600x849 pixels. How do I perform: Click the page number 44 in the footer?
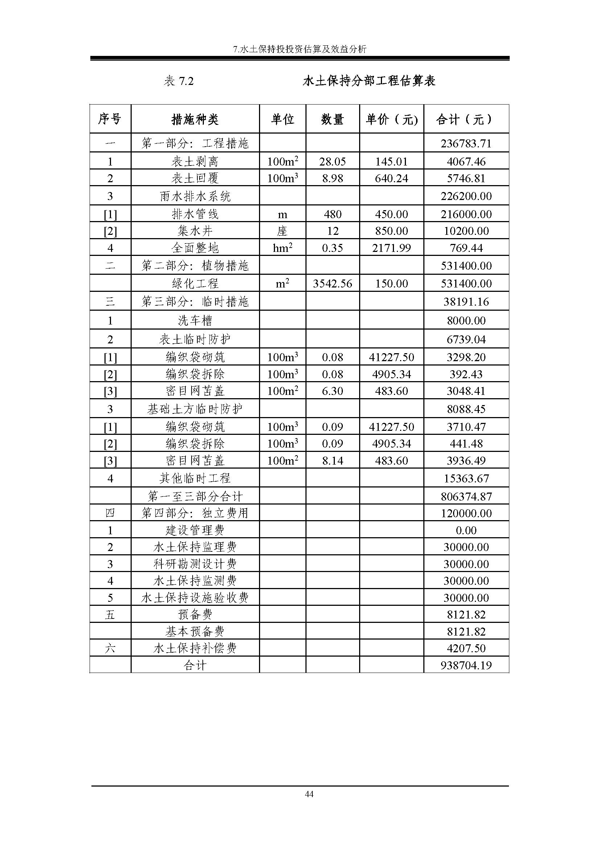coord(309,794)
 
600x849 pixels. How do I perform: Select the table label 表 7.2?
coord(178,81)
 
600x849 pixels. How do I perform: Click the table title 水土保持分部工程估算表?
coord(369,81)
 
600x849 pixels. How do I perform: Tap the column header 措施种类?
coord(195,119)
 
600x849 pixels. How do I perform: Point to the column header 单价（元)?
coord(392,119)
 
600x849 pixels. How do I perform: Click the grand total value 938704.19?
coord(466,665)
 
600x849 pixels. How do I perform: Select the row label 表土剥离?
coord(195,161)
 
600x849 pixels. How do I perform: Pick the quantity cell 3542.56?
coord(333,283)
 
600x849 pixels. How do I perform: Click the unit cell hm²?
coord(283,248)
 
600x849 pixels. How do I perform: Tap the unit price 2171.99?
coord(392,248)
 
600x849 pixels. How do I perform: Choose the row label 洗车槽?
coord(195,320)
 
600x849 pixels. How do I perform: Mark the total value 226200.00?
coord(466,196)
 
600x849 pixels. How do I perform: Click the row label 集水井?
coord(195,231)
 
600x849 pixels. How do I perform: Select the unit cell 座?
coord(283,231)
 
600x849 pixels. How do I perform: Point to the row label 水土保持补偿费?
coord(195,648)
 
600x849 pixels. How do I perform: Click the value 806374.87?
coord(466,496)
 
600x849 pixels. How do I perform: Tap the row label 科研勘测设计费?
coord(195,564)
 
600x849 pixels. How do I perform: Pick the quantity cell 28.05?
coord(333,161)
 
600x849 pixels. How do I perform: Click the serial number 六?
coord(110,648)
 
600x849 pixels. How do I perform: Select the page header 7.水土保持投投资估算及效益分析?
coord(300,49)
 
